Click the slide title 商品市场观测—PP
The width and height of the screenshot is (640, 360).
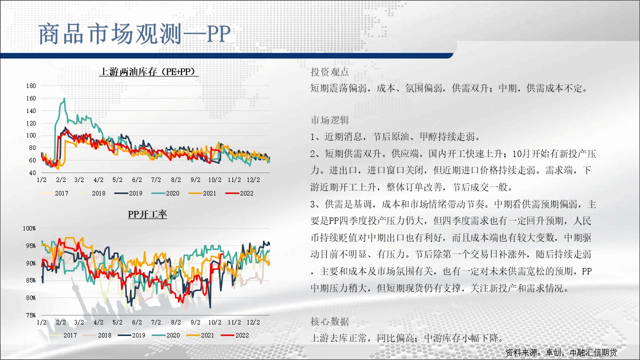pos(134,34)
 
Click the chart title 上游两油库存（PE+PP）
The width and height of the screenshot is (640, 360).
pos(149,71)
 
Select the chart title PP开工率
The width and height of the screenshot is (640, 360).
pos(147,214)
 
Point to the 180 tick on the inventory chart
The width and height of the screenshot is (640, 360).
pos(31,85)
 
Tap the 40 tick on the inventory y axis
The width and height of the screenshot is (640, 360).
pos(32,172)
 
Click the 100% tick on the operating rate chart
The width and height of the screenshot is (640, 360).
pos(29,228)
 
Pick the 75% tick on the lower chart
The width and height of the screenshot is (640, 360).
pos(31,315)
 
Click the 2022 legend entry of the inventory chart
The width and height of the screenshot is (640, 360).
pos(239,193)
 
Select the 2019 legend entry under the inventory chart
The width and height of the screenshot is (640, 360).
pos(128,193)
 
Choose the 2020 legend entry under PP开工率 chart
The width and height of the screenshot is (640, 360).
pos(166,335)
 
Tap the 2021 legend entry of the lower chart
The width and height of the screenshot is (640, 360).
pos(200,335)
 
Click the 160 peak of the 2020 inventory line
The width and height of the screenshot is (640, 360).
pos(64,98)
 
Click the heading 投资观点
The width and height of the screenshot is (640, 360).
pos(329,72)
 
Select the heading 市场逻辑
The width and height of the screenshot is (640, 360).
pos(329,120)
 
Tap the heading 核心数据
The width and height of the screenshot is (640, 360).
pos(329,321)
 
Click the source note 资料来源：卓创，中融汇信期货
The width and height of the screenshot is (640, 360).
pos(561,352)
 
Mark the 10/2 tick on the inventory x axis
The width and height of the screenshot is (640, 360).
pos(214,179)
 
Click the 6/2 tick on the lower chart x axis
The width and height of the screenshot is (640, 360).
pos(137,322)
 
